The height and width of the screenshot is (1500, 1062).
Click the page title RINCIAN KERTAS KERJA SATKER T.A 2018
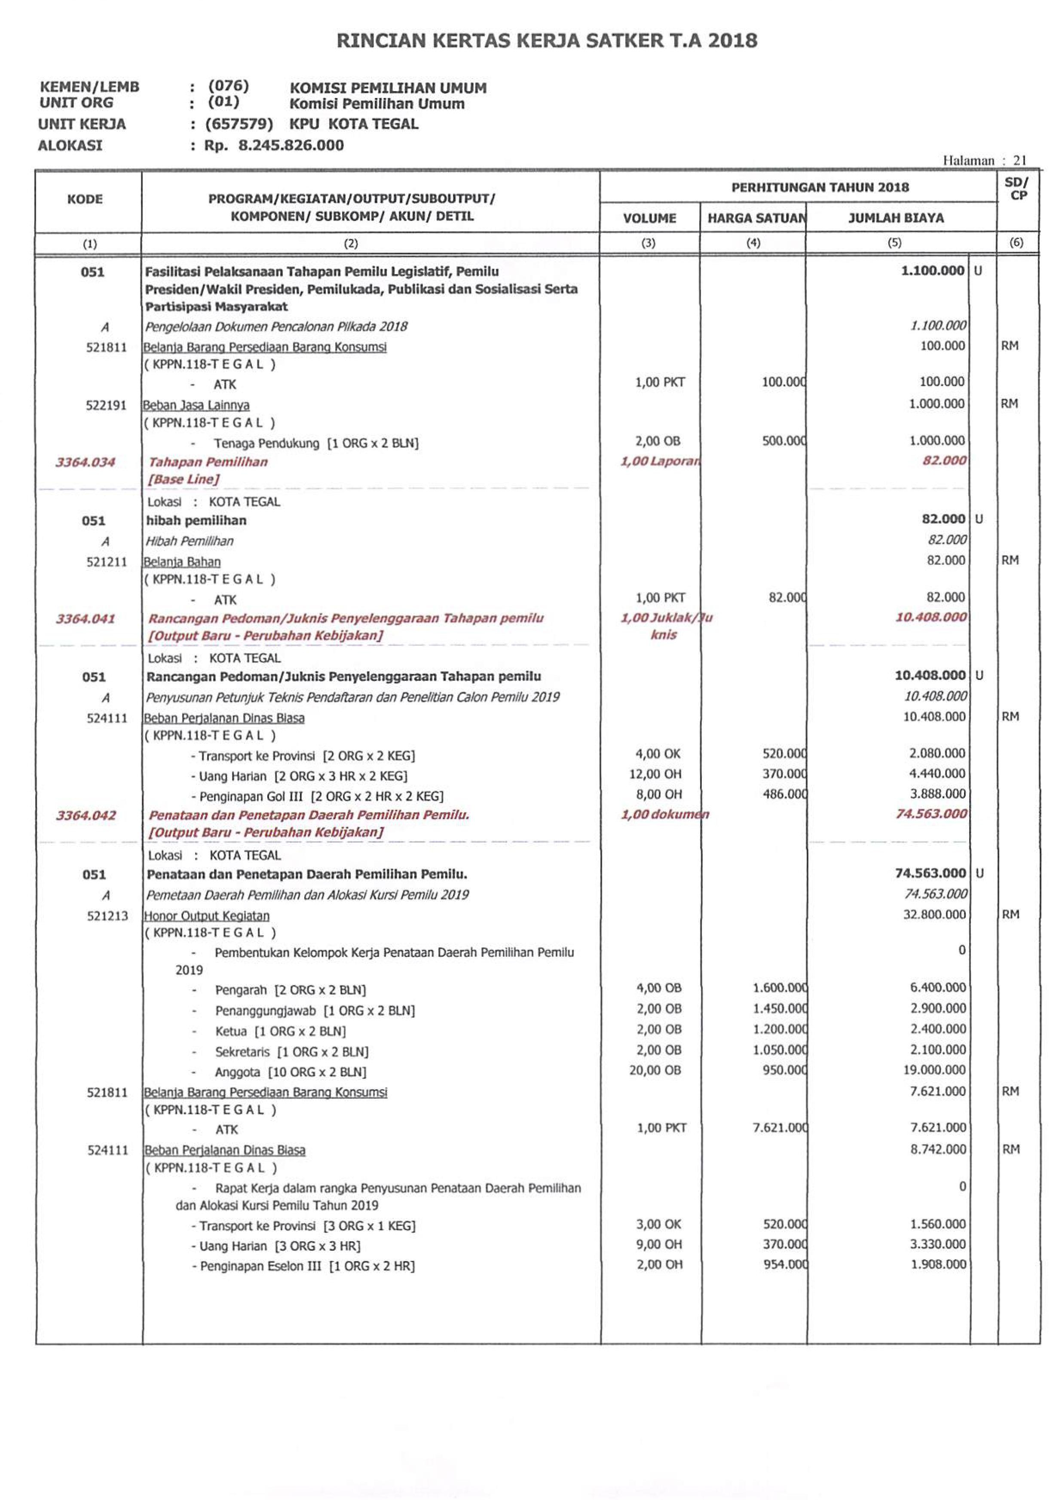coord(547,40)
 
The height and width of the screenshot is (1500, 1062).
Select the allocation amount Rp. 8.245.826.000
coord(274,145)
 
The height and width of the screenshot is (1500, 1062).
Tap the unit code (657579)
coord(239,124)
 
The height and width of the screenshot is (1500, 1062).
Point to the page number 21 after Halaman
coord(1019,160)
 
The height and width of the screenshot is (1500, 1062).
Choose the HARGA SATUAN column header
coord(755,218)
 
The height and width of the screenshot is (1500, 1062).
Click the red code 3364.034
coord(86,462)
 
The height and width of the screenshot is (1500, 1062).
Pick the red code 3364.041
coord(86,618)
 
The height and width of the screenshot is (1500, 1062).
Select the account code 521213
coord(108,916)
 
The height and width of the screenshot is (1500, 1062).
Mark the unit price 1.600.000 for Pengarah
coord(780,988)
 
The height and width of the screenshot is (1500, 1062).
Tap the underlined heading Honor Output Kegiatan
coord(207,916)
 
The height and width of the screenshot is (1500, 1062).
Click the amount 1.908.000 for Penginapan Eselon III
coord(938,1264)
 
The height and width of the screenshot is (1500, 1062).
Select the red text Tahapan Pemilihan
coord(208,462)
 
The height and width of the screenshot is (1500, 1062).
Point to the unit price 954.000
coord(785,1264)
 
